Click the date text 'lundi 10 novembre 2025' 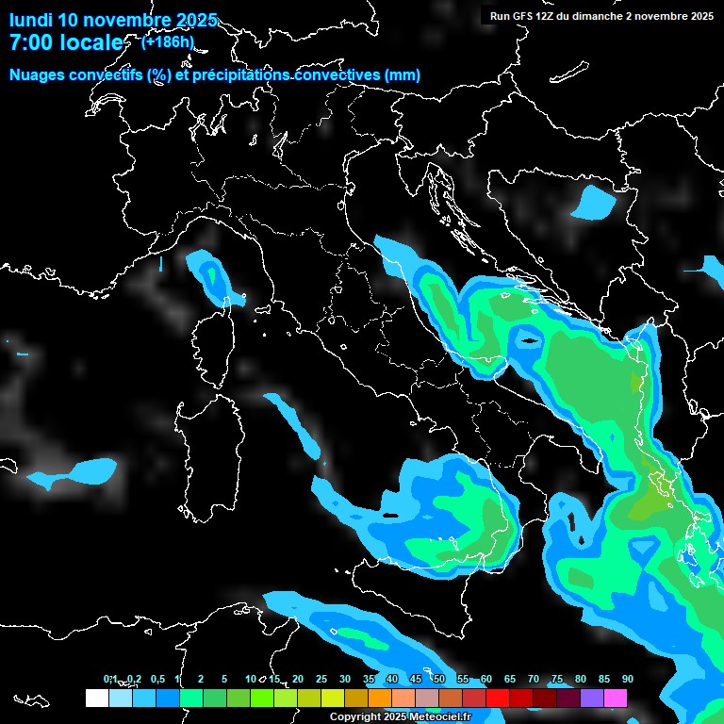coord(113,20)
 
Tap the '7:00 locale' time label coord(66,43)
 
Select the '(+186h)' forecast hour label coord(168,41)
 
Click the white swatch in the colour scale coord(96,698)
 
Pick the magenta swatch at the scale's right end coord(616,698)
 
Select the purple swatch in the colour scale coord(592,698)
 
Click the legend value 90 coord(627,680)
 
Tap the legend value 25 coord(321,680)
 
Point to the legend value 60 coord(485,680)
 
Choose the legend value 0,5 coord(156,680)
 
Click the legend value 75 coord(556,680)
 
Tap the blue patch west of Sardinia coord(83,470)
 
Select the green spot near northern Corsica coord(211,275)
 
